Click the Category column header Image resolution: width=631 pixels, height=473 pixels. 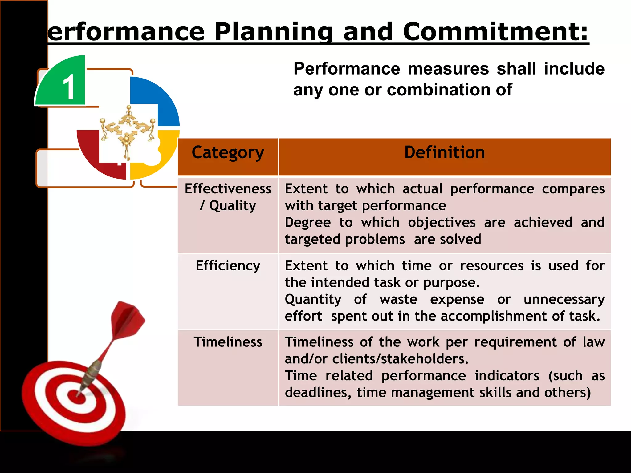pyautogui.click(x=228, y=153)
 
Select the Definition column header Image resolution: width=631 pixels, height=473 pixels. pyautogui.click(x=444, y=153)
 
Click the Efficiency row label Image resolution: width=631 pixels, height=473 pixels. pyautogui.click(x=228, y=265)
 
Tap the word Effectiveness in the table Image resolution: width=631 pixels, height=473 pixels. pyautogui.click(x=228, y=189)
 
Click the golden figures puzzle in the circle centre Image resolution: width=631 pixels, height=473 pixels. pyautogui.click(x=127, y=129)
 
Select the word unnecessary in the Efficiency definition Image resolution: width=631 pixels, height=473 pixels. pyautogui.click(x=564, y=299)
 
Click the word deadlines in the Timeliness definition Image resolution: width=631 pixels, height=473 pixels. pyautogui.click(x=317, y=393)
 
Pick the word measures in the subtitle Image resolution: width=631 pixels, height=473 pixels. pyautogui.click(x=448, y=69)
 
